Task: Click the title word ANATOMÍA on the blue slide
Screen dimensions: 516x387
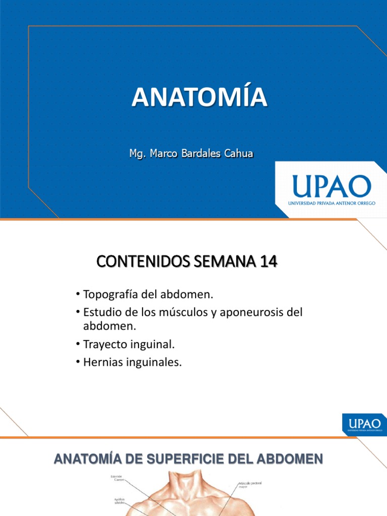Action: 200,97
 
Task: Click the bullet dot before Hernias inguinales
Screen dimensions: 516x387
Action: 78,363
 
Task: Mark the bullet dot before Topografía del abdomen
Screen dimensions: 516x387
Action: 78,294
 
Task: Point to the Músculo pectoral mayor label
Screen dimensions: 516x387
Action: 251,485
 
